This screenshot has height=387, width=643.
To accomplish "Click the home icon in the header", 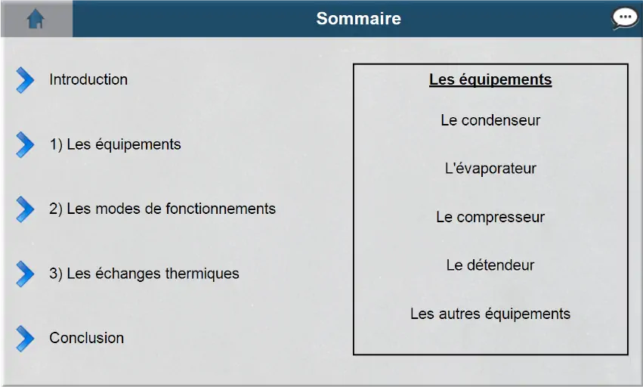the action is click(x=36, y=19).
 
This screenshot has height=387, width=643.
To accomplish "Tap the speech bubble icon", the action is click(x=625, y=18).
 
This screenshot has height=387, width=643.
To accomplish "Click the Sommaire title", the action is click(x=359, y=18).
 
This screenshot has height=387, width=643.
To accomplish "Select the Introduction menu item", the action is click(x=88, y=79).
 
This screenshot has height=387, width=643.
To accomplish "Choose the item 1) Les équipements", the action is click(x=116, y=144).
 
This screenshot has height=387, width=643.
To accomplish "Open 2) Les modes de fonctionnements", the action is click(x=162, y=209).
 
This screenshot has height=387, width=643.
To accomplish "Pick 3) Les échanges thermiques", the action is click(x=144, y=274).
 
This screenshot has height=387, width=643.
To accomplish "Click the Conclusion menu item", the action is click(x=87, y=338).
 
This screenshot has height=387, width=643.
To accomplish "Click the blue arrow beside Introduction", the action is click(x=25, y=80).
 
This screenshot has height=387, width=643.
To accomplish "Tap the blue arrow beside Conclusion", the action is click(x=25, y=339).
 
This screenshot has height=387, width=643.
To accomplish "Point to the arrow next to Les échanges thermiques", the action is click(x=25, y=274).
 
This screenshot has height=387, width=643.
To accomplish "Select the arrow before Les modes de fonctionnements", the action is click(x=25, y=209).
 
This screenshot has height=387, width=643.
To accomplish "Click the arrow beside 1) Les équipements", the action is click(x=25, y=145).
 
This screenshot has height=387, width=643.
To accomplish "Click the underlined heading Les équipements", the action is click(x=490, y=79).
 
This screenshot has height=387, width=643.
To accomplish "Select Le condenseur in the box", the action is click(x=490, y=120).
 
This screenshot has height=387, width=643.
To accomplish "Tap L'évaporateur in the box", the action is click(x=490, y=169).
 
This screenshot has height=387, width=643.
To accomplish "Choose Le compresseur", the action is click(x=490, y=217).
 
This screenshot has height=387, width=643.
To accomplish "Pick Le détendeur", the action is click(x=490, y=265).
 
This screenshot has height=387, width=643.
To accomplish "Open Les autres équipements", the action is click(x=490, y=314).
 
